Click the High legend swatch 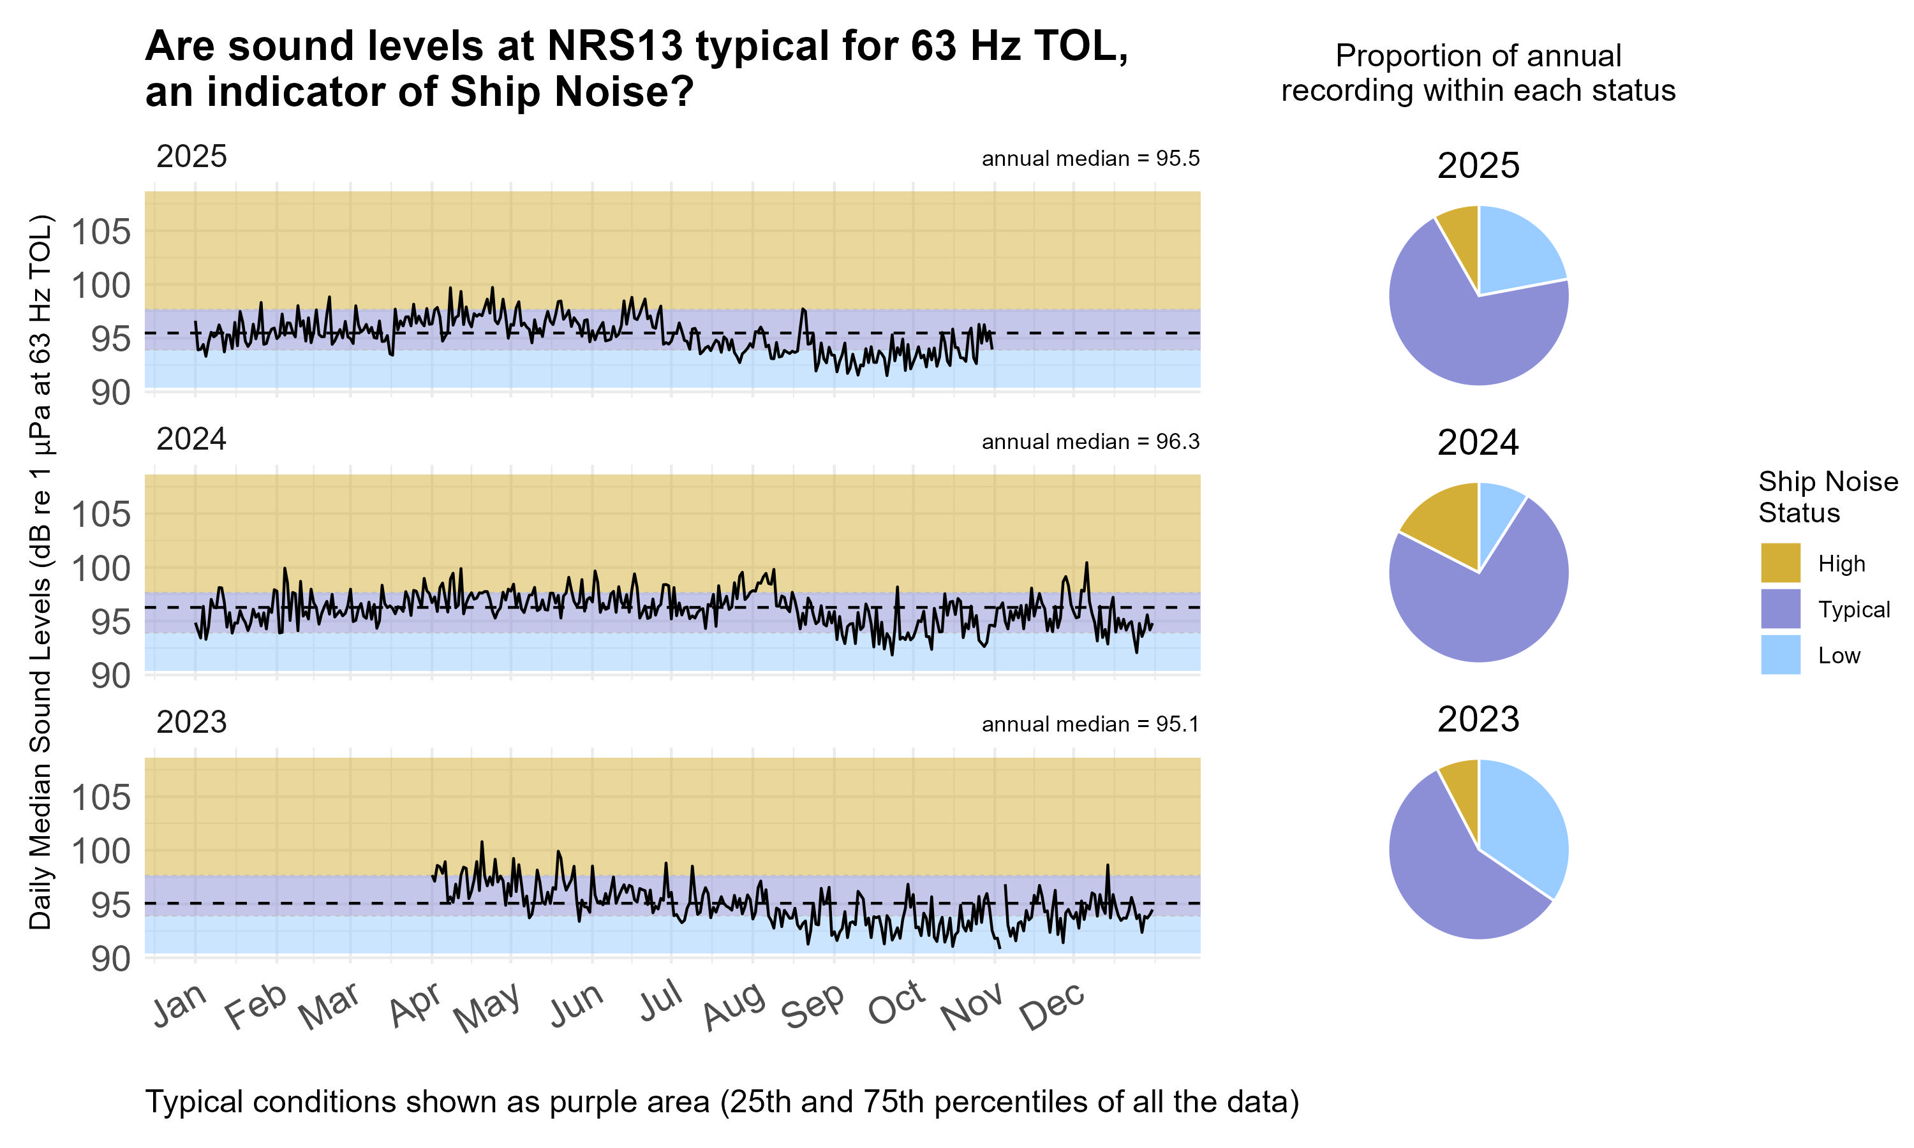(1779, 563)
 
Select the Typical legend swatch (1779, 609)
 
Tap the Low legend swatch (1779, 654)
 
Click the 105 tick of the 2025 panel (101, 232)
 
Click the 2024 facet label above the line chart (191, 439)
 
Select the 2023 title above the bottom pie (1478, 719)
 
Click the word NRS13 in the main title (615, 47)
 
